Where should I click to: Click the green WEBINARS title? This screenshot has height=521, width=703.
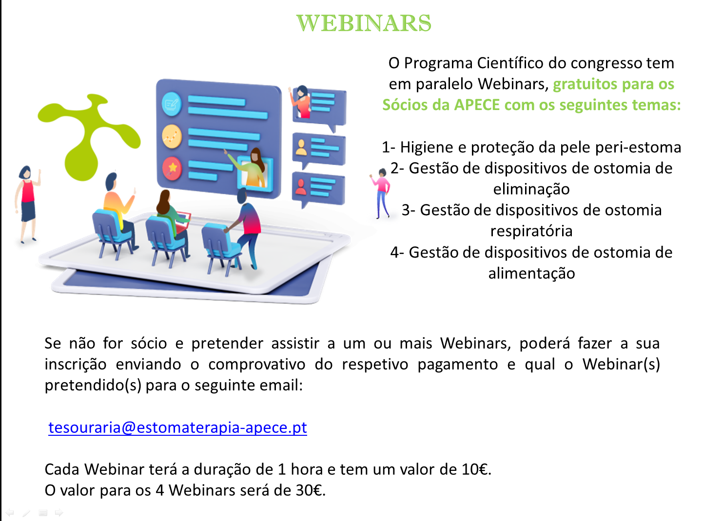click(364, 23)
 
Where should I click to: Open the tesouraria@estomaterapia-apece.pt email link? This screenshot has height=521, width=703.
click(177, 428)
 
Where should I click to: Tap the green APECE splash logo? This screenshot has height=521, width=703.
click(89, 136)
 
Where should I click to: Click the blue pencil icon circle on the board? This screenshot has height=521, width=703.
click(172, 104)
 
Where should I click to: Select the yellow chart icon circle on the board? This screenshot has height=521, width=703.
click(172, 137)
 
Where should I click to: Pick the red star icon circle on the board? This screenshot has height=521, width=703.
click(172, 168)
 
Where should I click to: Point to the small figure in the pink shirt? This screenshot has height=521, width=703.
click(381, 193)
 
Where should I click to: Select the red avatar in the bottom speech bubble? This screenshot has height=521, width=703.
click(300, 187)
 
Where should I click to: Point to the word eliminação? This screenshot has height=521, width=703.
click(531, 189)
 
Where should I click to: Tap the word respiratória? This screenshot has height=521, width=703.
click(531, 231)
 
